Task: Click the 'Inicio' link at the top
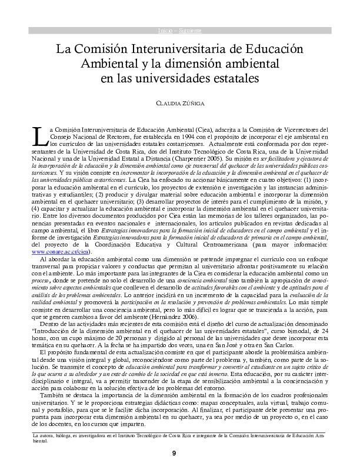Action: [x=165, y=29]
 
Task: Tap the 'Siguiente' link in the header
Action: [x=187, y=29]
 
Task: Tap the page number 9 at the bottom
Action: [x=174, y=452]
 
